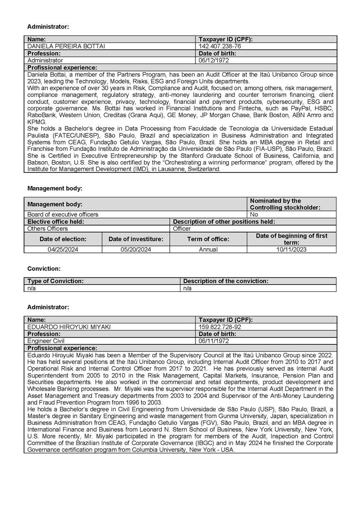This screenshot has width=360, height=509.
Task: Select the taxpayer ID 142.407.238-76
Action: coord(220,47)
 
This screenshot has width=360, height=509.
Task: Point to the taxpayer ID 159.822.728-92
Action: coord(220,327)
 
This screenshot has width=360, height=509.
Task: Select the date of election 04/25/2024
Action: coord(63,250)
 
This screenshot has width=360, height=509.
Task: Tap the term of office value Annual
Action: coord(208,250)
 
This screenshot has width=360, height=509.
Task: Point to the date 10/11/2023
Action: coord(291,250)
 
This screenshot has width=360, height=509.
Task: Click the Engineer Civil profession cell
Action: coord(46,341)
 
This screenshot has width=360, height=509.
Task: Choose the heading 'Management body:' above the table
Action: coord(55,188)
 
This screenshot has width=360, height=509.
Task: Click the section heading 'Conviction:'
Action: coord(44,269)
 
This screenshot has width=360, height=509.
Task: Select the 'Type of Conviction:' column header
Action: coord(55,281)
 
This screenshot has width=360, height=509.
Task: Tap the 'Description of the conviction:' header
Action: coord(226,281)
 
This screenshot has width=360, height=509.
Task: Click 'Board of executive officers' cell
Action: coord(63,214)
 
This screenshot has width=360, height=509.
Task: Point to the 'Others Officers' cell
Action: coord(47,228)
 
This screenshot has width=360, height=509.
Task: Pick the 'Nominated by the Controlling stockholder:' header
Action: coord(285,204)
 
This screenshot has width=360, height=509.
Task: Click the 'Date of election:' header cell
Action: coord(63,239)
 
